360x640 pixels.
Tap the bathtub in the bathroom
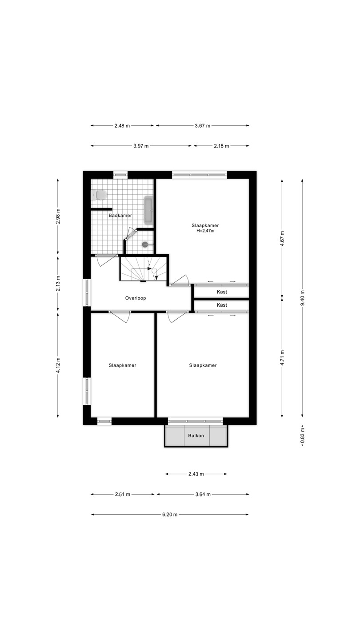pos(148,210)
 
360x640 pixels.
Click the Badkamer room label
pos(120,216)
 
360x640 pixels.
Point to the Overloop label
pos(136,298)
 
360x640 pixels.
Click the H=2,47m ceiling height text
pos(205,231)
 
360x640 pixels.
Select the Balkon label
pos(196,436)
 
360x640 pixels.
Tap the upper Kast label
pos(222,292)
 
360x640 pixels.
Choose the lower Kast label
pos(222,305)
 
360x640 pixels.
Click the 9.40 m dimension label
pos(302,298)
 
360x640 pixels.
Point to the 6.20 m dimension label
pos(170,515)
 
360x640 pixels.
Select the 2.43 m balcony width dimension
pos(196,474)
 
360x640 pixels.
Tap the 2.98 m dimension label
pos(58,216)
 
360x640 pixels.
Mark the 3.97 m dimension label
pos(141,146)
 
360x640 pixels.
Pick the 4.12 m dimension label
pos(58,365)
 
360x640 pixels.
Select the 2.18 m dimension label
pos(221,146)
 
